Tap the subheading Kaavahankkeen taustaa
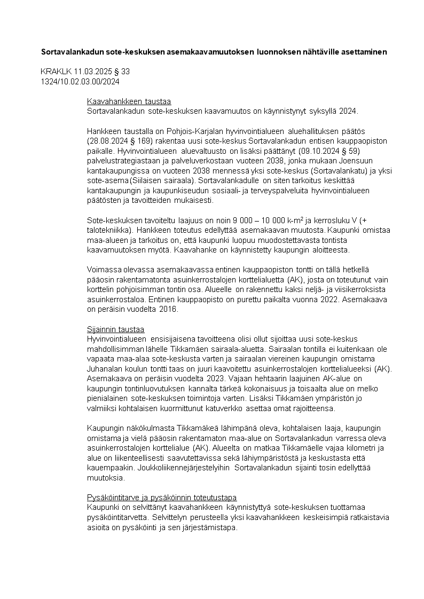click(129, 101)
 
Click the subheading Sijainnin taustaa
click(116, 329)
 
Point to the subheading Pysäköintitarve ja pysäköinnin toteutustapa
click(162, 497)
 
